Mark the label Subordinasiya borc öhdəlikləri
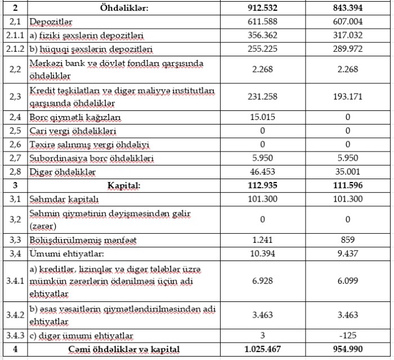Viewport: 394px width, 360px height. [91, 158]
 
